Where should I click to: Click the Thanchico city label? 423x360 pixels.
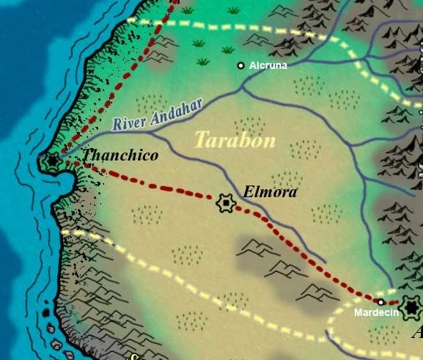point(120,155)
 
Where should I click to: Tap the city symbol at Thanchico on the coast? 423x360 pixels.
point(53,161)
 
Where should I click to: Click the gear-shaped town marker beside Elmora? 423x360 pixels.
point(226,202)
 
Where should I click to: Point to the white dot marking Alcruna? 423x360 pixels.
point(240,66)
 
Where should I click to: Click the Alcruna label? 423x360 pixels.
point(268,65)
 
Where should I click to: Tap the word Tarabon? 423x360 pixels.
point(235,139)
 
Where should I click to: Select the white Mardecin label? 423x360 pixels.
point(376,312)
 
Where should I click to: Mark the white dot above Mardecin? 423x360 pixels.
point(381,301)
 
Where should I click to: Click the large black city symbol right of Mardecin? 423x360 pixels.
point(411,306)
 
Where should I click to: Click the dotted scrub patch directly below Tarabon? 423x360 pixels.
point(285,179)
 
